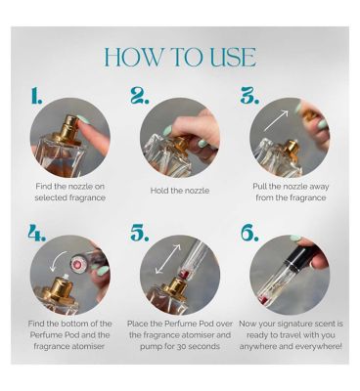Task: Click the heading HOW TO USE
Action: pos(180,58)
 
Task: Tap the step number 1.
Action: pos(36,95)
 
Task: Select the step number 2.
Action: pos(140,95)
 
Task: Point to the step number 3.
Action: pos(249,95)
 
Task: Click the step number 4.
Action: pos(36,232)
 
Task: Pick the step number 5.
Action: pos(140,232)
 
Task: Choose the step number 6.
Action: pos(249,232)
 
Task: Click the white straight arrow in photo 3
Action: pos(277,120)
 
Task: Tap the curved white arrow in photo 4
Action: pos(58,261)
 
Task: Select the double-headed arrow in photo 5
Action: pos(167,259)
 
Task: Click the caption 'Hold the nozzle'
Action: pos(180,191)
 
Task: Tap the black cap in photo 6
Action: pos(301,257)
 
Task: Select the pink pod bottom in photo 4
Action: pos(78,262)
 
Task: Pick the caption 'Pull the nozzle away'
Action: pos(291,187)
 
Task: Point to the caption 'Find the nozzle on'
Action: pos(69,187)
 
